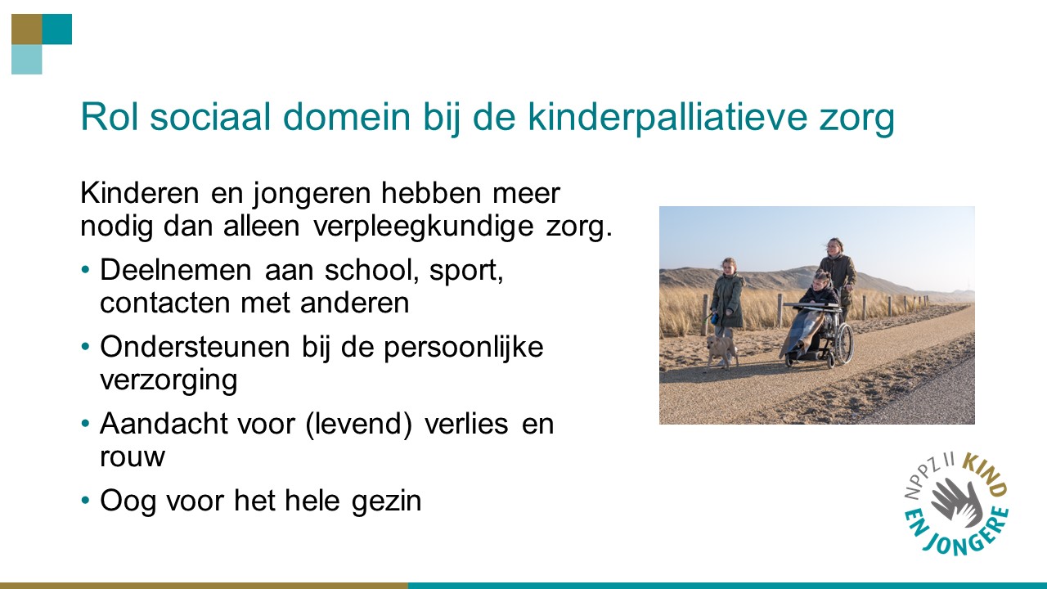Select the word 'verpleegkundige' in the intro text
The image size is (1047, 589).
424,225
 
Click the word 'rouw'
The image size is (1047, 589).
132,456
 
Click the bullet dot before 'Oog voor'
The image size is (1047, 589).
86,500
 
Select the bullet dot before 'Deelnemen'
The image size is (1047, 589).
86,270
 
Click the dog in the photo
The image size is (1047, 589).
722,348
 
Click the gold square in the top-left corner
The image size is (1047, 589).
26,29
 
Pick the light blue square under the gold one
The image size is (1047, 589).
26,60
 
